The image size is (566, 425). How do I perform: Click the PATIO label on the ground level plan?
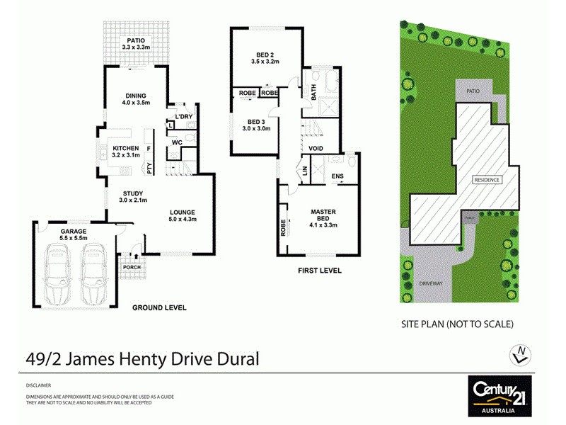click(x=133, y=41)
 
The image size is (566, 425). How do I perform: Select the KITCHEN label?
click(x=127, y=148)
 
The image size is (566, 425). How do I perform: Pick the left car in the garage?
click(x=59, y=272)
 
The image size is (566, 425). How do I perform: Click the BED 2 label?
click(x=265, y=55)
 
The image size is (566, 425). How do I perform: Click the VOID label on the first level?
click(x=316, y=148)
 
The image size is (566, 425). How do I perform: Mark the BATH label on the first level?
click(x=312, y=91)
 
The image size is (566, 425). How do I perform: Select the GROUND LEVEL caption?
click(x=159, y=307)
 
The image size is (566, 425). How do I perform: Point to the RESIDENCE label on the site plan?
click(x=487, y=180)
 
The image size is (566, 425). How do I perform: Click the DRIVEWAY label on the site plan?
click(x=430, y=283)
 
